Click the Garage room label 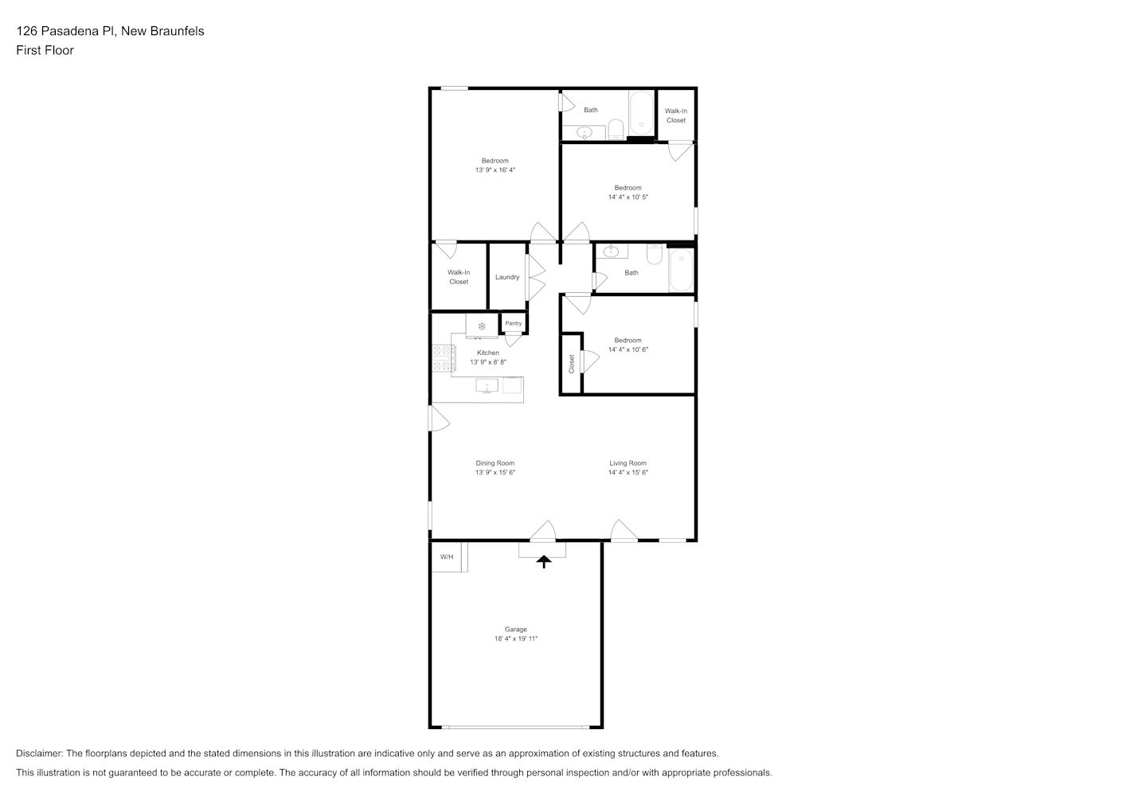[x=516, y=629]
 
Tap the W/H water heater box [x=449, y=556]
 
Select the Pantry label [x=514, y=323]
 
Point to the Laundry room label [x=507, y=277]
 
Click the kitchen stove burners [x=441, y=358]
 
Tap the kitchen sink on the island [x=487, y=386]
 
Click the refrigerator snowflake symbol [x=482, y=326]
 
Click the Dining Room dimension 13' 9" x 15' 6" [x=495, y=472]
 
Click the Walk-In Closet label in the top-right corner [x=676, y=115]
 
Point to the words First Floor [x=45, y=50]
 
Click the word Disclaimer [x=40, y=753]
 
